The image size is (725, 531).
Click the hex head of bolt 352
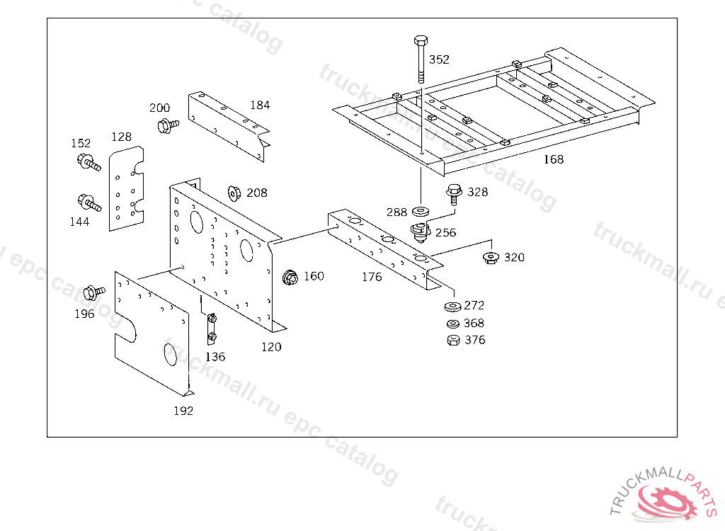[x=421, y=40]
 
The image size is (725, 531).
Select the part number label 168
[x=554, y=159]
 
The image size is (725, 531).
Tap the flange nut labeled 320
[x=491, y=258]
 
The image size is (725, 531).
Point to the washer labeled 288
[x=421, y=212]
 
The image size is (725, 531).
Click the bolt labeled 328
[x=454, y=194]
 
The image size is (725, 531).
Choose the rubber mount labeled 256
[x=421, y=232]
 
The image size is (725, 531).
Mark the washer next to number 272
[x=452, y=306]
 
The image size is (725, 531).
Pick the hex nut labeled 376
[x=454, y=341]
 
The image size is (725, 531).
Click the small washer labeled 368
[x=453, y=324]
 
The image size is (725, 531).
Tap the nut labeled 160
[x=290, y=277]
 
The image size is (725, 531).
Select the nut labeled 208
[x=234, y=193]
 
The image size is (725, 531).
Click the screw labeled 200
[x=168, y=125]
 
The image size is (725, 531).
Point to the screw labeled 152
[x=89, y=162]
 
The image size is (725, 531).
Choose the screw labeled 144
[x=89, y=202]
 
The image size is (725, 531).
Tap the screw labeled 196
[x=94, y=292]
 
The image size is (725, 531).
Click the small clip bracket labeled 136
[x=211, y=329]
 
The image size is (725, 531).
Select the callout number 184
[x=260, y=105]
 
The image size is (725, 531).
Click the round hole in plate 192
[x=170, y=354]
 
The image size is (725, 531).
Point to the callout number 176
[x=372, y=277]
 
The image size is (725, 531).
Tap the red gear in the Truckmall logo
[x=667, y=502]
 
